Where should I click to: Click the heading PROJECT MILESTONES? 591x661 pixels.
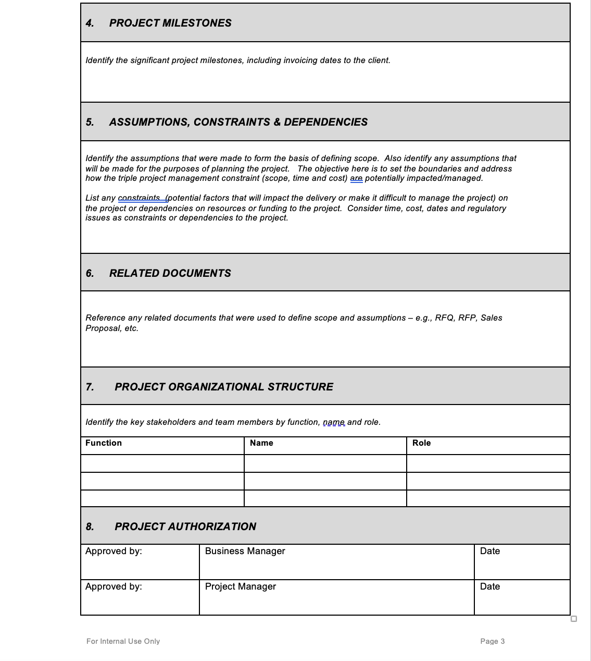tap(170, 23)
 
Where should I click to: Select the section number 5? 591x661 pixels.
tap(90, 122)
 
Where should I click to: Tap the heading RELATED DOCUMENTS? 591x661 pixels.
tap(170, 273)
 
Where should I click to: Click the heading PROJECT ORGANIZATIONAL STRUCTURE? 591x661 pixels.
tap(224, 387)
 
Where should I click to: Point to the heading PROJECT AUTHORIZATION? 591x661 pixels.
tap(185, 527)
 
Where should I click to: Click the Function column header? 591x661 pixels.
tap(104, 443)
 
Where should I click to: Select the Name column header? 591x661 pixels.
tap(261, 443)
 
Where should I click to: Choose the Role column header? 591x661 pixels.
tap(421, 443)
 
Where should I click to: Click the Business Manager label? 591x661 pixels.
tap(245, 551)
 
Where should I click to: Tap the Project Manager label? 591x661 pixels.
tap(240, 586)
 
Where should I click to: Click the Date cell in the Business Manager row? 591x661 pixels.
tap(489, 551)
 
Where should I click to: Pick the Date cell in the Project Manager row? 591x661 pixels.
tap(489, 586)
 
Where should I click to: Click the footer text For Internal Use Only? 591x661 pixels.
tap(123, 641)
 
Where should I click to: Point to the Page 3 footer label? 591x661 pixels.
tap(492, 641)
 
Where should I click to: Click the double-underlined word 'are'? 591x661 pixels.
tap(356, 178)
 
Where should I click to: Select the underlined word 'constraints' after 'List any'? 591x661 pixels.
tap(139, 198)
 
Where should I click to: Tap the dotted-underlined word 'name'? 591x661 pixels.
tap(334, 422)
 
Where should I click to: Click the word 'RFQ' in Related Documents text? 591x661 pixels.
tap(444, 318)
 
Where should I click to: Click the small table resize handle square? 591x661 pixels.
tap(574, 619)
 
